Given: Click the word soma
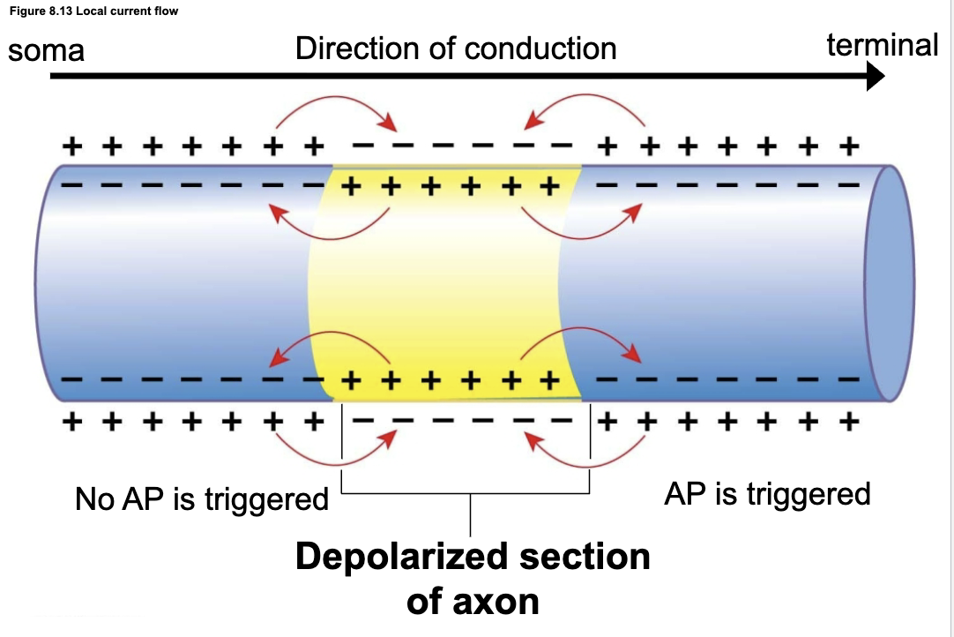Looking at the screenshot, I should [x=46, y=49].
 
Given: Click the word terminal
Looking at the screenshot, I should [x=882, y=44].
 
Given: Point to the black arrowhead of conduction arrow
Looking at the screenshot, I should [x=873, y=77].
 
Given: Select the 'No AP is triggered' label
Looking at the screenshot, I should [x=202, y=499].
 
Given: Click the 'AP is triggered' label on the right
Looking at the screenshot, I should [x=766, y=493].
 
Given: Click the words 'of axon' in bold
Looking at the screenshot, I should [x=472, y=602].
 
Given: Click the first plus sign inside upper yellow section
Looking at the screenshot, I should [x=353, y=186].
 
